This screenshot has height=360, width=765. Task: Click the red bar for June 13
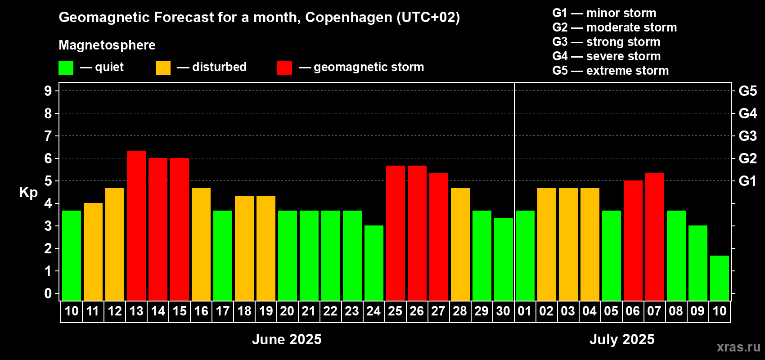coord(136,225)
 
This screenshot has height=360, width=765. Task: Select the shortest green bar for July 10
coord(720,278)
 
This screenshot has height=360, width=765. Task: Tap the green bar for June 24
coord(374,263)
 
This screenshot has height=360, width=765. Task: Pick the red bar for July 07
coord(655,237)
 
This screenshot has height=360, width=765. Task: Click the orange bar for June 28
coord(460,244)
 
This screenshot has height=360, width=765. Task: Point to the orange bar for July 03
coord(568,244)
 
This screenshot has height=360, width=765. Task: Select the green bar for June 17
coord(223,255)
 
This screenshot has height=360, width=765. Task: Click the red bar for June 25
coord(396,233)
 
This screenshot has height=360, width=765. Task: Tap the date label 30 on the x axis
coord(503,311)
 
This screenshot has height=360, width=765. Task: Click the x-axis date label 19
coord(266,311)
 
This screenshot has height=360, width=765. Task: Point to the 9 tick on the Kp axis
coord(48,91)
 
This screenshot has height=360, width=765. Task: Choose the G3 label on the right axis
coord(747,136)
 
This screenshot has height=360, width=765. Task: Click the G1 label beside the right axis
coord(747,181)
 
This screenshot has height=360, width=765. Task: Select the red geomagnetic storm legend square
coord(284,68)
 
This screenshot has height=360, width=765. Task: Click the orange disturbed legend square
coord(163,68)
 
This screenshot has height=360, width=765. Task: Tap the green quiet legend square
coord(66,68)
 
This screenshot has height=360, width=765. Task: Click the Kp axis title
coord(28,193)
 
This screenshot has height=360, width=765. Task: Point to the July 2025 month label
coord(622,339)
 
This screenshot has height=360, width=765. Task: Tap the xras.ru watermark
coord(738,347)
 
